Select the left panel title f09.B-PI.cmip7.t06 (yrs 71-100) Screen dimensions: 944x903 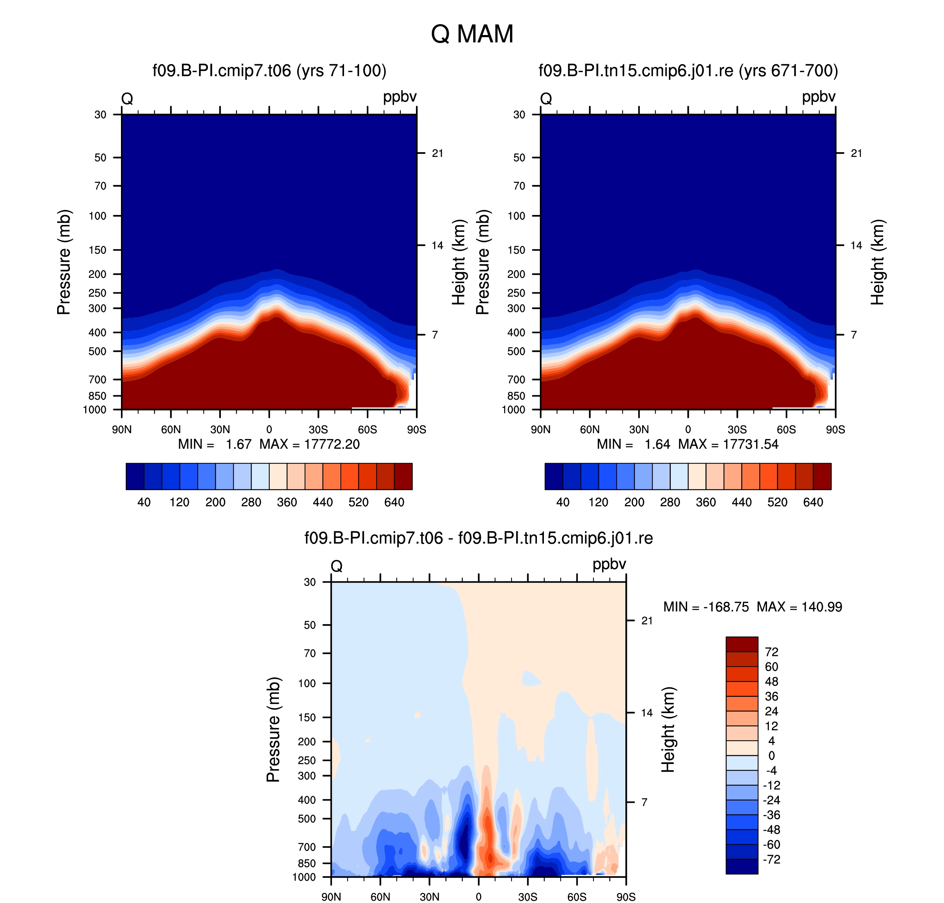pos(269,71)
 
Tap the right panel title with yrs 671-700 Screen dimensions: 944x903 pos(688,71)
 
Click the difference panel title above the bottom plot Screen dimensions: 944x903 pos(479,538)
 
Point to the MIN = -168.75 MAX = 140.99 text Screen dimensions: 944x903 pos(752,607)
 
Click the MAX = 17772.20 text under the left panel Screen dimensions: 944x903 pos(309,444)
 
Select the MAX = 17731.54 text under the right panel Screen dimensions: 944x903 pos(728,444)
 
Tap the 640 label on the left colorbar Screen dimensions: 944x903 pos(394,502)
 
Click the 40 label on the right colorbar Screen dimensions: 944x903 pos(563,502)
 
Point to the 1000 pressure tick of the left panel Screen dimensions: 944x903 pos(95,410)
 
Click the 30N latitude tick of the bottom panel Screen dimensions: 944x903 pos(429,897)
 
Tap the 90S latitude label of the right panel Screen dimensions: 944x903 pos(835,429)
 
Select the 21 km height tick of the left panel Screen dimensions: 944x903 pos(437,153)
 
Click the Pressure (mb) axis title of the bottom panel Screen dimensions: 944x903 pos(273,730)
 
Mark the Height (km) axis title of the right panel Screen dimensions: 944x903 pos(878,262)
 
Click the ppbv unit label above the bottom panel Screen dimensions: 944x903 pos(609,564)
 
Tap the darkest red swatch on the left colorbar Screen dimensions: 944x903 pos(403,476)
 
